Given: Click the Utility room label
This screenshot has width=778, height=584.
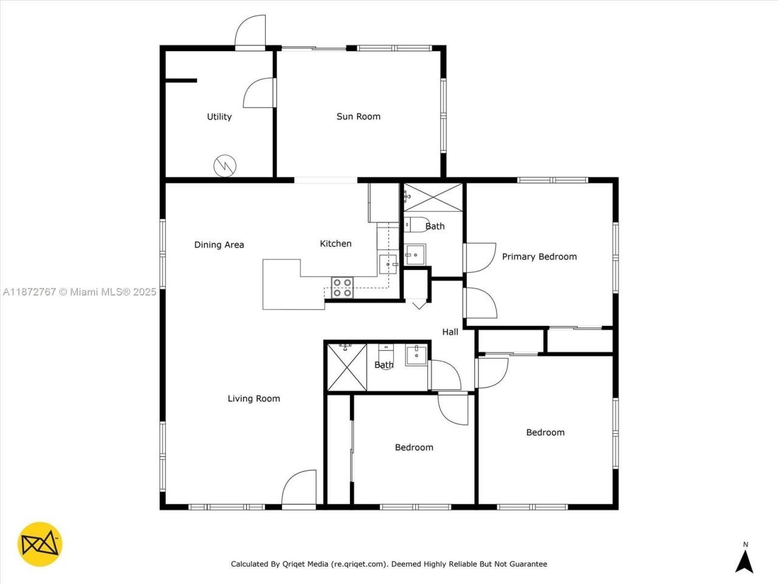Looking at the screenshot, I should coord(219,117).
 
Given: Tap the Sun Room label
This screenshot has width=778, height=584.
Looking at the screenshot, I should coord(358,116).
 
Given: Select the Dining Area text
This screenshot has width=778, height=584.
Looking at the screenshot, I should coord(219,245).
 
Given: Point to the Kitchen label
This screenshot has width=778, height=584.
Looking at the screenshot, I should coord(336,243).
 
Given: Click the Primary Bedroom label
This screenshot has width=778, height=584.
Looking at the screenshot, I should coord(539,257).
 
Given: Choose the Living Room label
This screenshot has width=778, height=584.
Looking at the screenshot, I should coord(253,398).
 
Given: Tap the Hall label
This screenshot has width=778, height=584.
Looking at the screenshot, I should coord(450,332).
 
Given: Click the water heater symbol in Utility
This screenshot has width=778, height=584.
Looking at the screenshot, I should coord(224,165).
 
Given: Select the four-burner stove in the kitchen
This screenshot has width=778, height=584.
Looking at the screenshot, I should coord(342,287).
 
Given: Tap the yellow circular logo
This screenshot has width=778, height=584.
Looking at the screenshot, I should coord(40,544).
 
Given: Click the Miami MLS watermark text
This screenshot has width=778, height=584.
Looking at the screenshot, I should coord(80,292).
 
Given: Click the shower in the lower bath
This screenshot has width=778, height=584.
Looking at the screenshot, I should coord(346,367).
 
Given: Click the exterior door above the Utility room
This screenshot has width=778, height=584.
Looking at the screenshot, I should coord(250,32).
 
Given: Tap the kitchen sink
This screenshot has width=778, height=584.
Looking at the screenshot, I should coord(387,265).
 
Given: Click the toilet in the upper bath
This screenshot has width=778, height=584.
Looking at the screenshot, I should coord(416,224).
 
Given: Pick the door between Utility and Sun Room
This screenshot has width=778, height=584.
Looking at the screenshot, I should coord(260,93).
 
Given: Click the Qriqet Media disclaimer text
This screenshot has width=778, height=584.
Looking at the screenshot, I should coord(388,564).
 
